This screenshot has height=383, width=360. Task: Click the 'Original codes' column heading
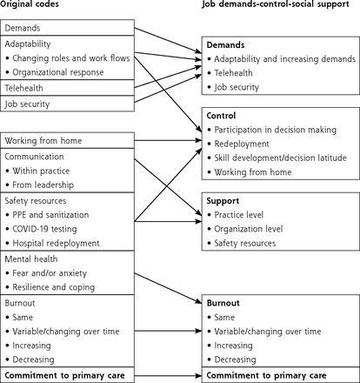pos(30,4)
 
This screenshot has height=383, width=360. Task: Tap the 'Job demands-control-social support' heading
pos(276,4)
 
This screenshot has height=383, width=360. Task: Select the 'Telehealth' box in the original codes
pos(67,88)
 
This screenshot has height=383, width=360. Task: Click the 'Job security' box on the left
pos(67,104)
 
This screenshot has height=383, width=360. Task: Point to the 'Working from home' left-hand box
pos(67,141)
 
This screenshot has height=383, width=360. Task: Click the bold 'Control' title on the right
pos(221,116)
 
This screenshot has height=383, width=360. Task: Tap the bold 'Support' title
pos(223,201)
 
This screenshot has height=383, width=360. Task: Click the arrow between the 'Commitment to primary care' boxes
pos(168,376)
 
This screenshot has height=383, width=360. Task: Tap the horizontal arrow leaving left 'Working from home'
pos(168,140)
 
